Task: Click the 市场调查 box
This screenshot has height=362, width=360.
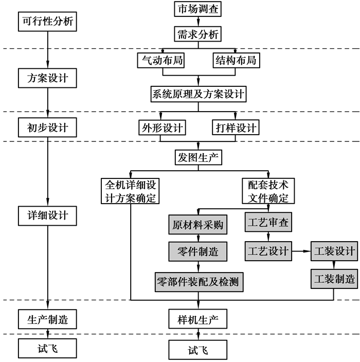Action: point(197,10)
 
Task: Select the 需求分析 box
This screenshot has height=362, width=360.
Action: point(197,35)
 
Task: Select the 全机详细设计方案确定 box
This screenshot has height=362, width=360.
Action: point(131,191)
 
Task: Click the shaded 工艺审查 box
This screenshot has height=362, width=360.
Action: point(268,223)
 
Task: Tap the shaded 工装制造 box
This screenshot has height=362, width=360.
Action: point(333,279)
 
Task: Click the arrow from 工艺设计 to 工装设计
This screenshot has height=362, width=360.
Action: point(301,251)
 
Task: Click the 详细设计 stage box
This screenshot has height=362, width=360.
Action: point(47,214)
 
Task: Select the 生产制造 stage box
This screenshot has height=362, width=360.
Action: point(47,320)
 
